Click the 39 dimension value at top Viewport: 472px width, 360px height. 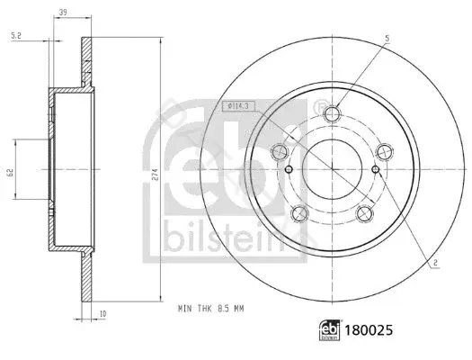[63, 12]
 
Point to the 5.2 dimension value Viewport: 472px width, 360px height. [16, 36]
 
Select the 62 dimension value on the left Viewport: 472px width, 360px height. [10, 173]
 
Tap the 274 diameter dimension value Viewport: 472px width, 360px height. [155, 175]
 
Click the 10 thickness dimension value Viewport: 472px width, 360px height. [102, 314]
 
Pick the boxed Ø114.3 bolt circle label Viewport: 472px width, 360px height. [239, 106]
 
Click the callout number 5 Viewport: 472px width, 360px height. [387, 39]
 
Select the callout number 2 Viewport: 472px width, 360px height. [435, 263]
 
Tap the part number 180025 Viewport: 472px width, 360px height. [369, 330]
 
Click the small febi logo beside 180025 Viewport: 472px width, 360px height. [330, 330]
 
